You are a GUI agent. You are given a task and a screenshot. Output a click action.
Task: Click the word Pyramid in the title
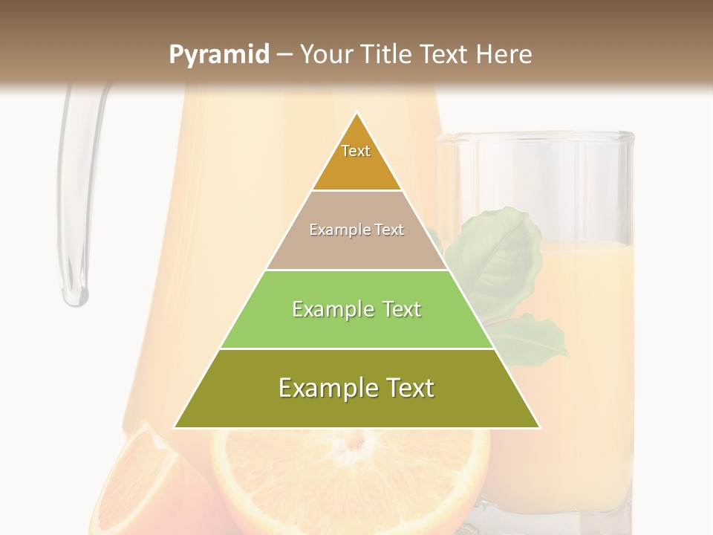point(218,55)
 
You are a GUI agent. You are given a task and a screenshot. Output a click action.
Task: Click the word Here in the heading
point(505,54)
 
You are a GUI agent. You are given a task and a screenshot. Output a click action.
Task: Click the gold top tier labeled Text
point(356,160)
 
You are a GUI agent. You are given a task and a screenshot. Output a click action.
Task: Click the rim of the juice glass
point(535,137)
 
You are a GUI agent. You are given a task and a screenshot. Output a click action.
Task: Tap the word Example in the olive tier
point(321,389)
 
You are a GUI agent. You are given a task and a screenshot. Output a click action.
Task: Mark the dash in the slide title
point(284,55)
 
